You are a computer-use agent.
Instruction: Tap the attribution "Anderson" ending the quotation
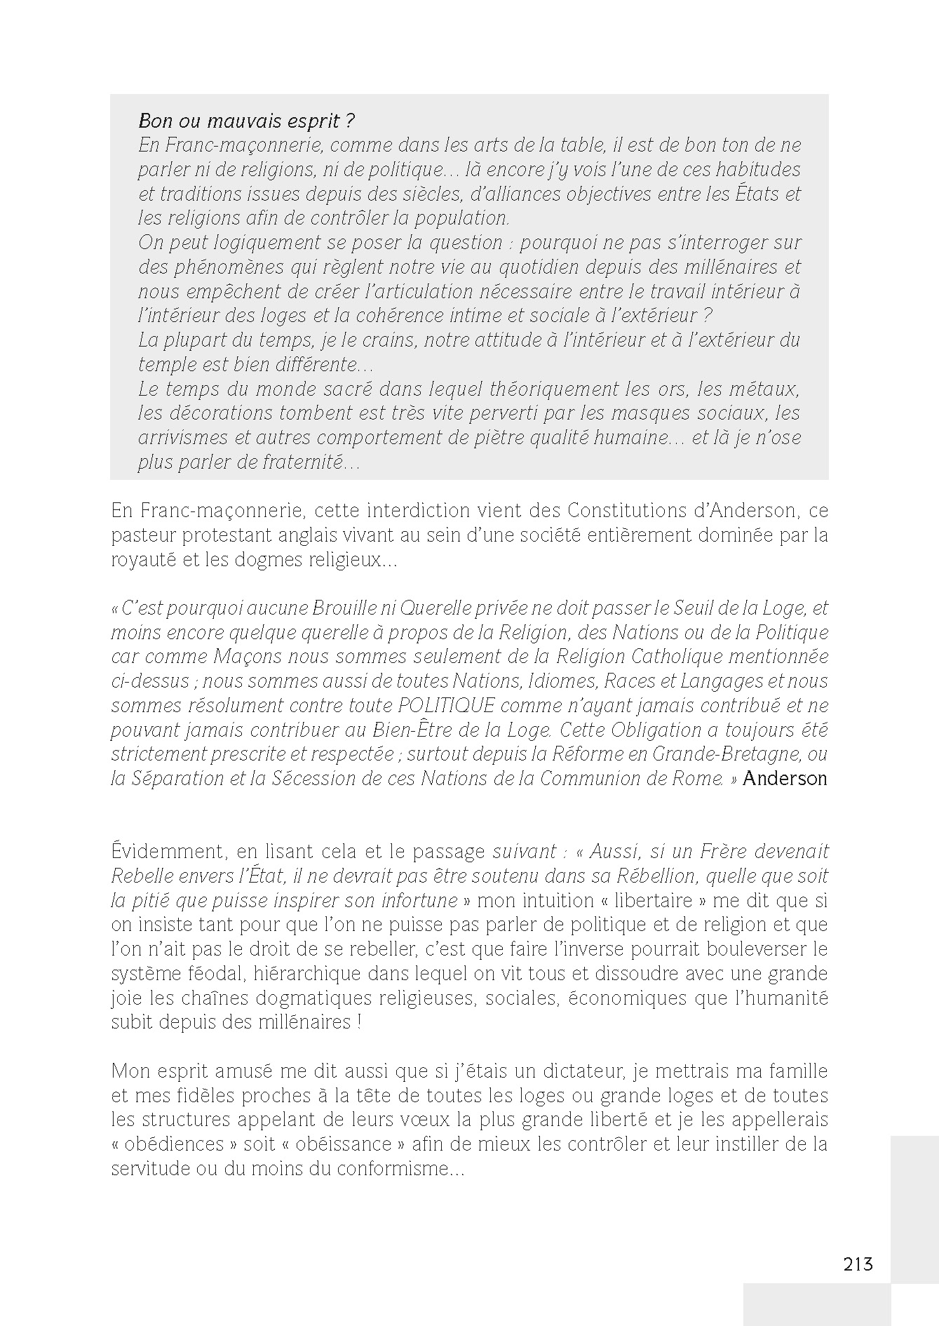[785, 778]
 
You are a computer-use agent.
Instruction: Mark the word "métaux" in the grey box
[762, 389]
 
